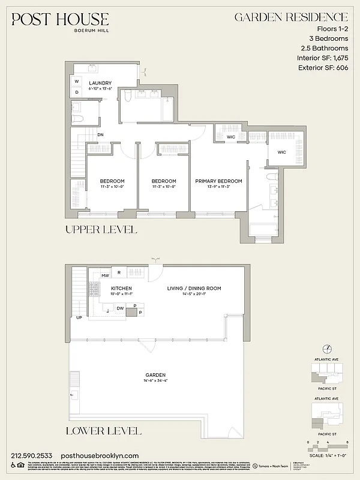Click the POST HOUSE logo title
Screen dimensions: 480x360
coord(61,20)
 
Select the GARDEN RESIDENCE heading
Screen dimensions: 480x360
coord(290,17)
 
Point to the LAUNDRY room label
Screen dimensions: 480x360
coord(100,83)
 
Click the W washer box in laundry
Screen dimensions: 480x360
coord(77,82)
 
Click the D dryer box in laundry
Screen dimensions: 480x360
coord(77,92)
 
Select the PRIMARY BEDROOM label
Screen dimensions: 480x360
coord(218,181)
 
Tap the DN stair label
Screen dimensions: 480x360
coord(101,135)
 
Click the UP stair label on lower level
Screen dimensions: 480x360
coord(79,317)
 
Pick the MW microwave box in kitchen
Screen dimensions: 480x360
coord(104,275)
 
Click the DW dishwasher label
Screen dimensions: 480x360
coord(120,308)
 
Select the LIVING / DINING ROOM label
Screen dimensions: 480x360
coord(193,289)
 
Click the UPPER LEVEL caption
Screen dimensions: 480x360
coord(101,230)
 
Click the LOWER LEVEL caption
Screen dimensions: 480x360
coord(103,431)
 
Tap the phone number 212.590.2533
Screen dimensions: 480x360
coord(31,456)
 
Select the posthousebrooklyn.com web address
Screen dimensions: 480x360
coord(100,456)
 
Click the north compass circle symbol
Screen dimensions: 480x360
coord(327,349)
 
